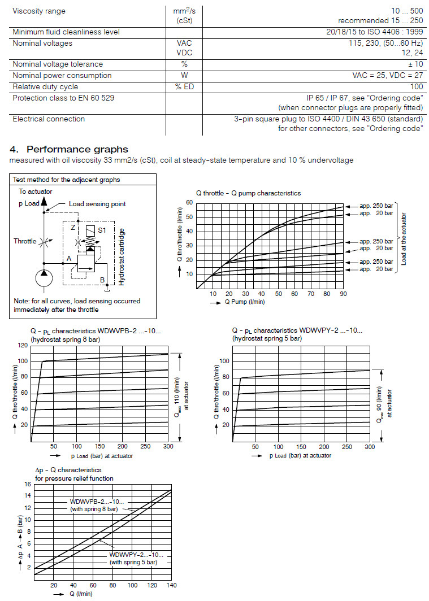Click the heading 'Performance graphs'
click(77, 150)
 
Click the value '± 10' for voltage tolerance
click(415, 64)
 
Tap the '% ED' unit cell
click(184, 87)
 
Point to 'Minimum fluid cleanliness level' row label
click(70, 32)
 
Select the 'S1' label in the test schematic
click(102, 230)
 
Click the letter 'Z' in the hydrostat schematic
click(72, 228)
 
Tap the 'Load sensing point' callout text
click(97, 204)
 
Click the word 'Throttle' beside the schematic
click(25, 241)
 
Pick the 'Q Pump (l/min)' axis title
click(244, 302)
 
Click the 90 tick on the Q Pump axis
click(343, 294)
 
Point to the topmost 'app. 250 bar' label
click(376, 206)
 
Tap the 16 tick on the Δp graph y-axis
click(27, 484)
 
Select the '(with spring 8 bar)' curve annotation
click(94, 509)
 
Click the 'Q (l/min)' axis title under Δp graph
click(80, 594)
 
